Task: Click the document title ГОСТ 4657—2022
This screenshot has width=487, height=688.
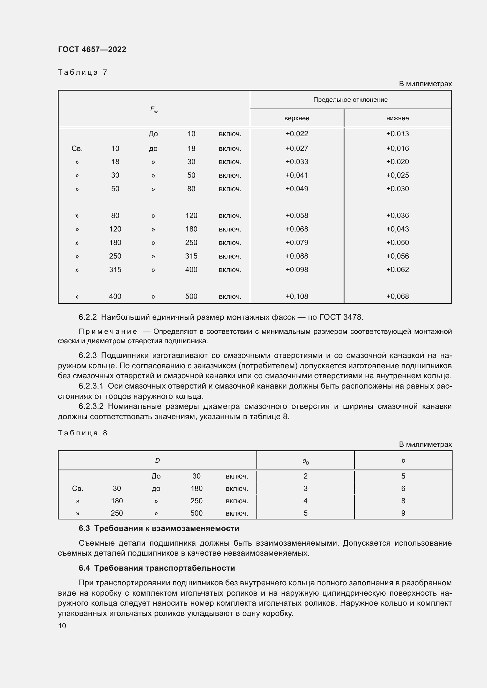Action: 92,49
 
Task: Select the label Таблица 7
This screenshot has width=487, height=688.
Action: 82,72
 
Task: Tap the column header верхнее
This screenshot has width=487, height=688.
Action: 296,118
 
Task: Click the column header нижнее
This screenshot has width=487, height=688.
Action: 397,118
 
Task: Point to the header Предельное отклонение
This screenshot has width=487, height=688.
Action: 350,100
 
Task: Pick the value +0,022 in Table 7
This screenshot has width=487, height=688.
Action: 296,134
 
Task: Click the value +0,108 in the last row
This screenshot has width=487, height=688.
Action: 296,296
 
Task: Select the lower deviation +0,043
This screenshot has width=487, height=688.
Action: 397,229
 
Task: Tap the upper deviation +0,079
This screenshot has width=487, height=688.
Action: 296,242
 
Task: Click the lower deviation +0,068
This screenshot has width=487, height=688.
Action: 397,296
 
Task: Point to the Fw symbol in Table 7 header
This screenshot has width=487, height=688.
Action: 154,110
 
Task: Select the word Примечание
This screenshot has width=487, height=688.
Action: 108,331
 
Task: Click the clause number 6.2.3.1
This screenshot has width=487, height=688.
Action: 91,386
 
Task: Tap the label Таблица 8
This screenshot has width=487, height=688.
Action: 82,433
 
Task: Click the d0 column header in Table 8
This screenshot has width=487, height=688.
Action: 305,461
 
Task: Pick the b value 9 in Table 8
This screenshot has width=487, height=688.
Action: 403,513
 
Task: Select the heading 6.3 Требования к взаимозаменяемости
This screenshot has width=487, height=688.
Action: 159,528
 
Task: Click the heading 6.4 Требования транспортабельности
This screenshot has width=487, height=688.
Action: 157,568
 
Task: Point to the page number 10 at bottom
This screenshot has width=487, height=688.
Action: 62,626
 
